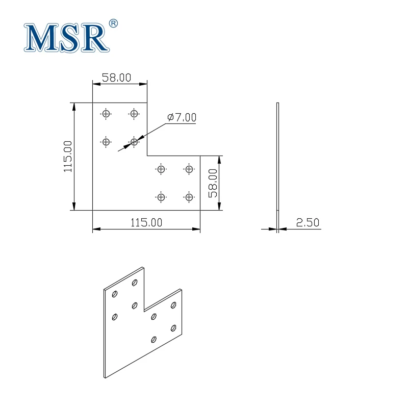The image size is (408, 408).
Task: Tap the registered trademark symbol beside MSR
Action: click(114, 23)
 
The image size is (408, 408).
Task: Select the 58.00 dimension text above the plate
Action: click(117, 78)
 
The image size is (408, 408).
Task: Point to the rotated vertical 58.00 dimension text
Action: click(213, 183)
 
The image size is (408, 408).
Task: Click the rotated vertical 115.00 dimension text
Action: click(68, 157)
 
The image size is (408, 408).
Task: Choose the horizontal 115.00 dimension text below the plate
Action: click(146, 223)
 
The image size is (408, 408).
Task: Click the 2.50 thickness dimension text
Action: click(307, 223)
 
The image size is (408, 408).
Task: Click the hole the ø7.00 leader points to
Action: click(134, 141)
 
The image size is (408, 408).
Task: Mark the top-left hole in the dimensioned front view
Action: click(106, 114)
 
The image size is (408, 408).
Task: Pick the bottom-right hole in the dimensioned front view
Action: click(189, 197)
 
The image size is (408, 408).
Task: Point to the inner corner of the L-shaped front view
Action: click(147, 156)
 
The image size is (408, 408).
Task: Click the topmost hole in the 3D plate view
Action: click(135, 282)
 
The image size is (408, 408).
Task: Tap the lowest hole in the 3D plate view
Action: click(154, 339)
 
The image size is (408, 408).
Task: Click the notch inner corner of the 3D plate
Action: click(144, 311)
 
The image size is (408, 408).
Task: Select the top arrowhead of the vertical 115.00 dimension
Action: click(75, 106)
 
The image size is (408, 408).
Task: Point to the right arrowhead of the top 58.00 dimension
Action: click(144, 84)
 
